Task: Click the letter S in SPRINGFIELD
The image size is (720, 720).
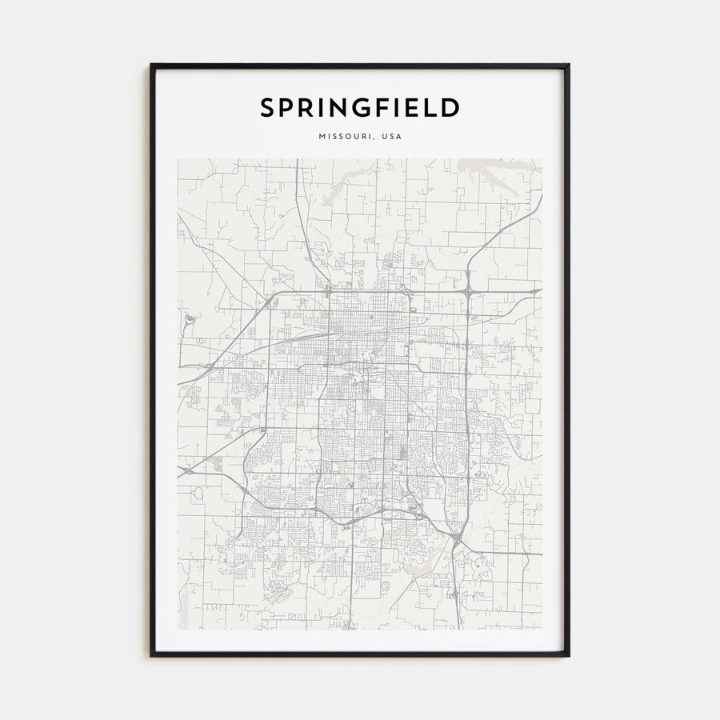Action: click(x=267, y=108)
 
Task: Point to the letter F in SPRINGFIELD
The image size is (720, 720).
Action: click(x=393, y=108)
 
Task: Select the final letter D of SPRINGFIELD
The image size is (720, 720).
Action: click(x=450, y=108)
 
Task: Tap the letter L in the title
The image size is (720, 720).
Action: click(x=435, y=108)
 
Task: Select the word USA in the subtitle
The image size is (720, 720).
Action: click(x=392, y=137)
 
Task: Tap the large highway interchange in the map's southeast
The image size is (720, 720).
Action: click(x=456, y=543)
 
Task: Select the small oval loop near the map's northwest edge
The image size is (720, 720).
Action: click(x=188, y=322)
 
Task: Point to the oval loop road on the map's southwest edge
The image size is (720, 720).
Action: click(x=197, y=494)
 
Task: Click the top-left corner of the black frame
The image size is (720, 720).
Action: click(x=152, y=66)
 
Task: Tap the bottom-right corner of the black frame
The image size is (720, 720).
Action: click(x=568, y=655)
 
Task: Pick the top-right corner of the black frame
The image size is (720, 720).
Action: click(x=568, y=66)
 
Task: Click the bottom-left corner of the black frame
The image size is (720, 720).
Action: click(x=152, y=655)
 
